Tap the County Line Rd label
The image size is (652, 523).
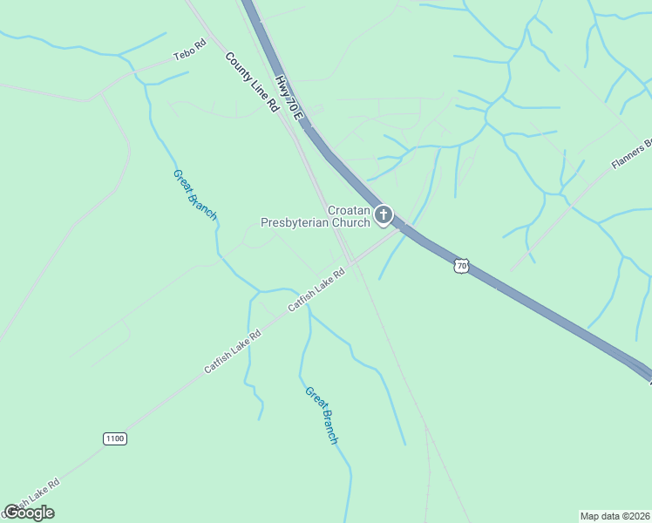point(251,83)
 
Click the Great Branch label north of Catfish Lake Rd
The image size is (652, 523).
point(194,194)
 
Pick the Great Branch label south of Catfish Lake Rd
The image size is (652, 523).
point(321,415)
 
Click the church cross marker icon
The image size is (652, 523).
point(384,214)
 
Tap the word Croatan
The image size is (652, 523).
point(349,210)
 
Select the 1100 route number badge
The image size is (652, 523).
point(114,438)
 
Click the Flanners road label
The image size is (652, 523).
point(631,153)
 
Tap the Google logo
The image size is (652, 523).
point(29,512)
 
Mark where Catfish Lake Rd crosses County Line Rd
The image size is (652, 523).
point(350,261)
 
